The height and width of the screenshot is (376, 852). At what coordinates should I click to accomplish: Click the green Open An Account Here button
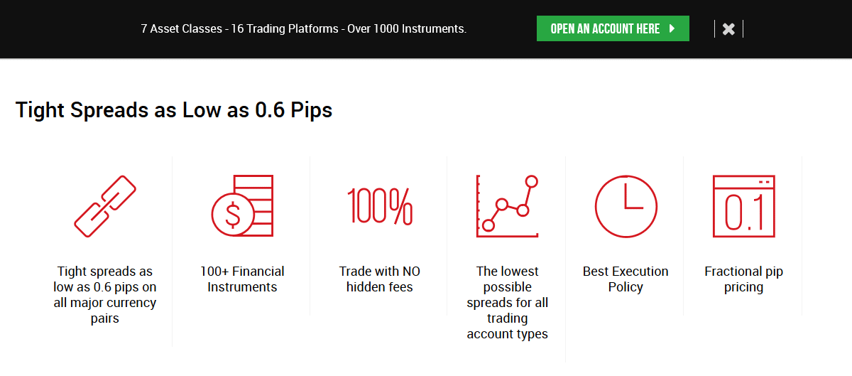(x=613, y=28)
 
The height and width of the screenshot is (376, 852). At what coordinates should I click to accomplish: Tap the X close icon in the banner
(x=728, y=29)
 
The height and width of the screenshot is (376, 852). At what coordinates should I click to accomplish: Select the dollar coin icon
(x=242, y=205)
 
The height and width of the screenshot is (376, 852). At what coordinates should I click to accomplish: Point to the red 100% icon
(x=380, y=206)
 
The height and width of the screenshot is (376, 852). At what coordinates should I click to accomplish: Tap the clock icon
(x=626, y=206)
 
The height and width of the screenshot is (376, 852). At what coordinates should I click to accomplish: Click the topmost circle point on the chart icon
(x=531, y=181)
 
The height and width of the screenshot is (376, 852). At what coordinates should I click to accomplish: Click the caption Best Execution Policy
(x=626, y=279)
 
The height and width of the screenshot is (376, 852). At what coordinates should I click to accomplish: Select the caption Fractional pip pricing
(x=743, y=279)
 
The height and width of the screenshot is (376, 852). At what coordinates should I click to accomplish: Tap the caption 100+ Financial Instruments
(x=242, y=279)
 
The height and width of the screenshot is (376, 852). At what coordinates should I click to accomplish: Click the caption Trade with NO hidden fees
(x=380, y=279)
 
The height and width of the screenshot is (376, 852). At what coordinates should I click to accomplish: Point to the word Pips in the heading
(x=311, y=110)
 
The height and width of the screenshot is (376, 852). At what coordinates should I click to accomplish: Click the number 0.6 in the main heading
(x=270, y=109)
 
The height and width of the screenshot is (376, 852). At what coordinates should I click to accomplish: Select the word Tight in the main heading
(x=40, y=110)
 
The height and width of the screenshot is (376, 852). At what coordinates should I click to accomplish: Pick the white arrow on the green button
(x=672, y=28)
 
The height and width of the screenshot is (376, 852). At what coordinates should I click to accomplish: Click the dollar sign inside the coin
(x=233, y=215)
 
